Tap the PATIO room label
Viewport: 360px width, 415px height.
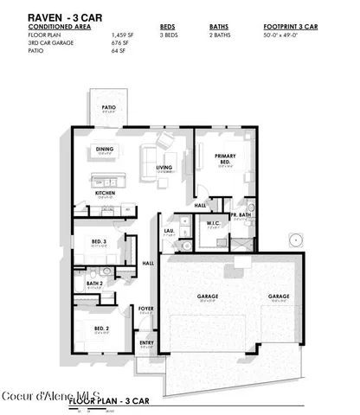tap(108, 107)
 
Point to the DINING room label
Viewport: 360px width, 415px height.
tap(104, 149)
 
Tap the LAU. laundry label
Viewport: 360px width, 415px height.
tap(170, 230)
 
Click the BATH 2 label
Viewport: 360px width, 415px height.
tap(94, 283)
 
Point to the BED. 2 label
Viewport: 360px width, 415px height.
tap(101, 329)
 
